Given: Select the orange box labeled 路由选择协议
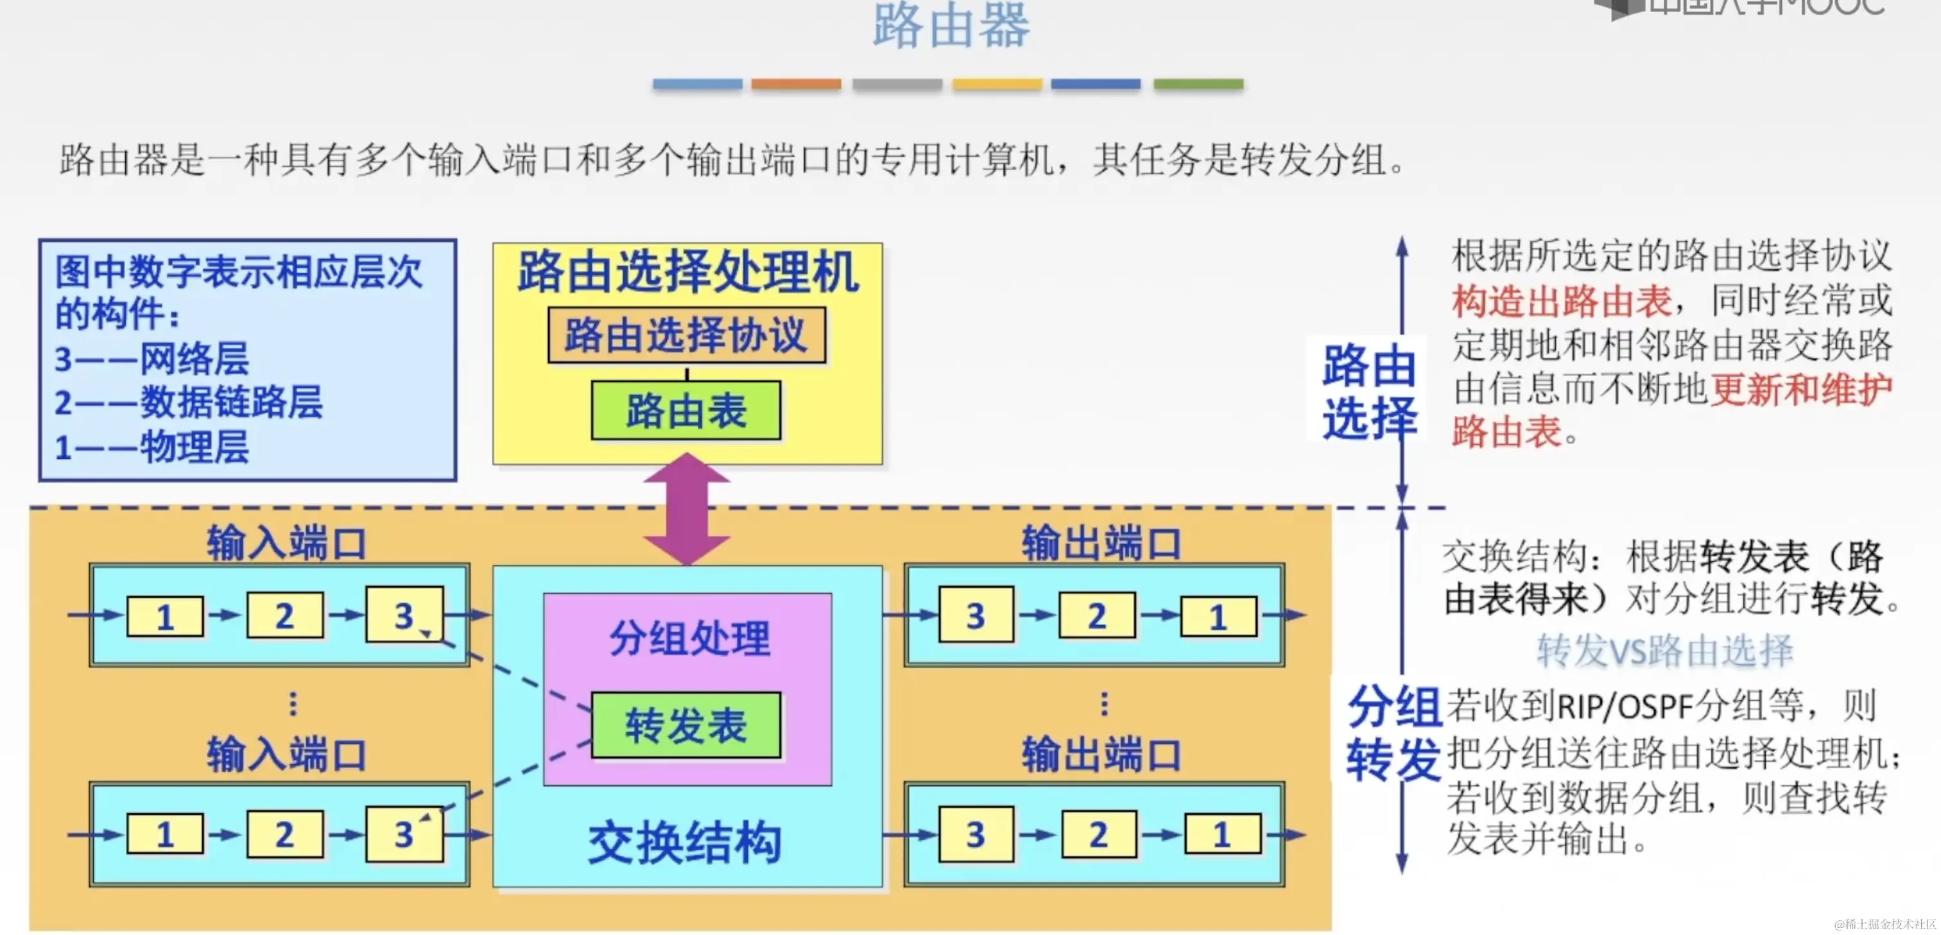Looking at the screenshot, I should point(686,335).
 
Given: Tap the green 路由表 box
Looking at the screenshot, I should point(686,411).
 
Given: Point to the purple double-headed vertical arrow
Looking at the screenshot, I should point(686,508).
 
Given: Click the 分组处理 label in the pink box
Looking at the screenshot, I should point(689,639).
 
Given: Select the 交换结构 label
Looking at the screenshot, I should point(684,843).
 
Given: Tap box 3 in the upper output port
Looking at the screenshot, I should point(976,616).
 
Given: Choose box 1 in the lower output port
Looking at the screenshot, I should point(1222,834).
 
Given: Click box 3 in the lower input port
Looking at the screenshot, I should point(404,834).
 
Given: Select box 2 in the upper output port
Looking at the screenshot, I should point(1097,616).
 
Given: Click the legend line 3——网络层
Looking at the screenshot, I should point(151,359).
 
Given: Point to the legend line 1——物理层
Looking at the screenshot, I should point(151,447).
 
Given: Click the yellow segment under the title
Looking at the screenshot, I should point(997,84).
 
